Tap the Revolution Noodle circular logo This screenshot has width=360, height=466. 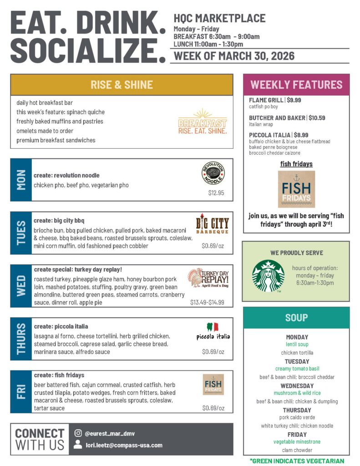point(213,173)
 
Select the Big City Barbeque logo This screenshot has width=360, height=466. point(213,225)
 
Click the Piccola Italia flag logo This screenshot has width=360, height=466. point(213,331)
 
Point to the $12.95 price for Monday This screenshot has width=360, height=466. point(216,193)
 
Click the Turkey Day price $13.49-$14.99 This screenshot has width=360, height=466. point(207,302)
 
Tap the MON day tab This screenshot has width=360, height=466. point(21,180)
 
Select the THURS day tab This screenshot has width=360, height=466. point(21,339)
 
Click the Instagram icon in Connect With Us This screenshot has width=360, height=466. point(78,433)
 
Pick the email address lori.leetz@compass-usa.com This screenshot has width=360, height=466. point(124,445)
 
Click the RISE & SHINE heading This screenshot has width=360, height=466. point(122,85)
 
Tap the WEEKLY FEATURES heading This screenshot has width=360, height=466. point(296,85)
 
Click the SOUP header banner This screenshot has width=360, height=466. point(296,318)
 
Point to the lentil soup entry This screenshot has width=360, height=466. point(297,344)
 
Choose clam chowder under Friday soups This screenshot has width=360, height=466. point(297,450)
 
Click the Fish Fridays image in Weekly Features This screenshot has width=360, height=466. point(296,189)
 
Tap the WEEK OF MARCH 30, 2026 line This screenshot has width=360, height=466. point(234,56)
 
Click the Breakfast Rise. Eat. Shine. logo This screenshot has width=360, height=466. point(203,122)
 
